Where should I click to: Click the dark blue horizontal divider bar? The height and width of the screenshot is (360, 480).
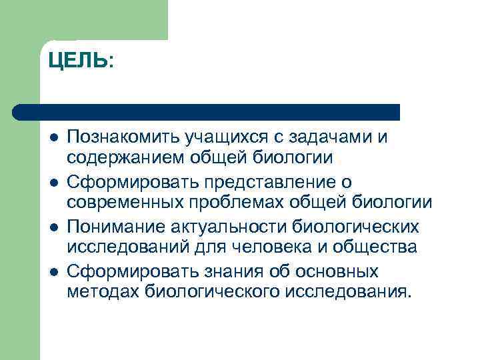207,111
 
